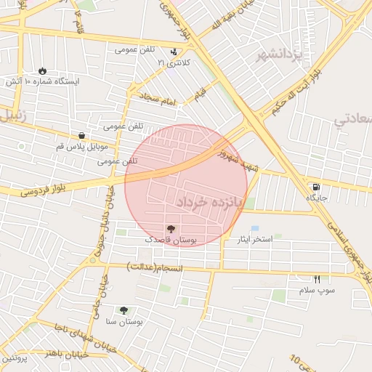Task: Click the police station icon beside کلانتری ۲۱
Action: point(174,52)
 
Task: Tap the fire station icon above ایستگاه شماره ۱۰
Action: point(42,71)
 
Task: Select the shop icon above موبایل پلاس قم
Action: point(81,135)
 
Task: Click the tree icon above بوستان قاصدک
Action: point(171,228)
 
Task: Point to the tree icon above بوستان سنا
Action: point(124,310)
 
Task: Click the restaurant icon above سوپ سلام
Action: point(317,280)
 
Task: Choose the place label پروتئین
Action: point(13,359)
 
